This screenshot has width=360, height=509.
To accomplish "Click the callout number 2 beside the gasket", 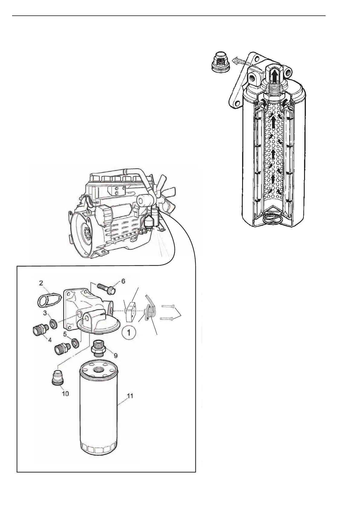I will coord(41,283).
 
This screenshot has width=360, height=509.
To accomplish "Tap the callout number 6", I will coord(123,281).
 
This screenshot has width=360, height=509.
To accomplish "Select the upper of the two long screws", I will coord(168,306).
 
